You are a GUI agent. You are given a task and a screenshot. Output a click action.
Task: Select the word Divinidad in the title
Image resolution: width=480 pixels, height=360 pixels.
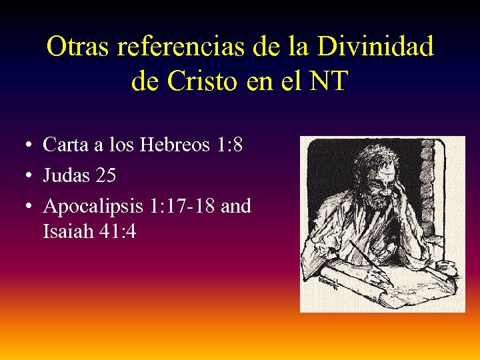click(x=375, y=46)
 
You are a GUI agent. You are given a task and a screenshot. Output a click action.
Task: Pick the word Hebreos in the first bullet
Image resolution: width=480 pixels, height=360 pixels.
click(x=175, y=144)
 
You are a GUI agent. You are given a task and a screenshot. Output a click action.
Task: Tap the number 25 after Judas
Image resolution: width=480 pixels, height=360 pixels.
click(x=106, y=175)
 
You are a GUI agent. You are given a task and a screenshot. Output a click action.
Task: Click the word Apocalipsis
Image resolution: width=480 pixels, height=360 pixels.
click(x=94, y=207)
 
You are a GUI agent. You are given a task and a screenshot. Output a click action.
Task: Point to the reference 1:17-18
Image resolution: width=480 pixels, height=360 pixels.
click(x=181, y=207)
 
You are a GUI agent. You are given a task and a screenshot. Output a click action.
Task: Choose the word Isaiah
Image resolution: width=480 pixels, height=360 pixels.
click(x=65, y=232)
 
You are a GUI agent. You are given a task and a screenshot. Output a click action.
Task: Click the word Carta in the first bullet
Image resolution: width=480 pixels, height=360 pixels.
click(x=65, y=144)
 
